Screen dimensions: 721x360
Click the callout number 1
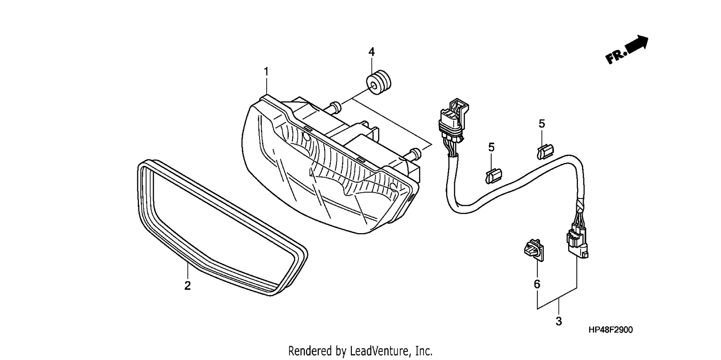(266, 72)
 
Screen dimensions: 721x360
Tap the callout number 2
(187, 286)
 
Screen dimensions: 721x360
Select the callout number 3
(559, 321)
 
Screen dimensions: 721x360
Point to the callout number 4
(372, 51)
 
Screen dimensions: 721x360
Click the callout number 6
(537, 284)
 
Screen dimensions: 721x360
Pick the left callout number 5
(491, 148)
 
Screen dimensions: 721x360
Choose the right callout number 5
(542, 124)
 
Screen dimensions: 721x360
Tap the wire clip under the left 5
(494, 176)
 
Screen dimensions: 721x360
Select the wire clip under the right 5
(545, 151)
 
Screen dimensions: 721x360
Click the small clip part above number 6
(534, 250)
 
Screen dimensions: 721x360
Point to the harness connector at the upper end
(453, 120)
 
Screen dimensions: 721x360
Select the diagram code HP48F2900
(610, 330)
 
